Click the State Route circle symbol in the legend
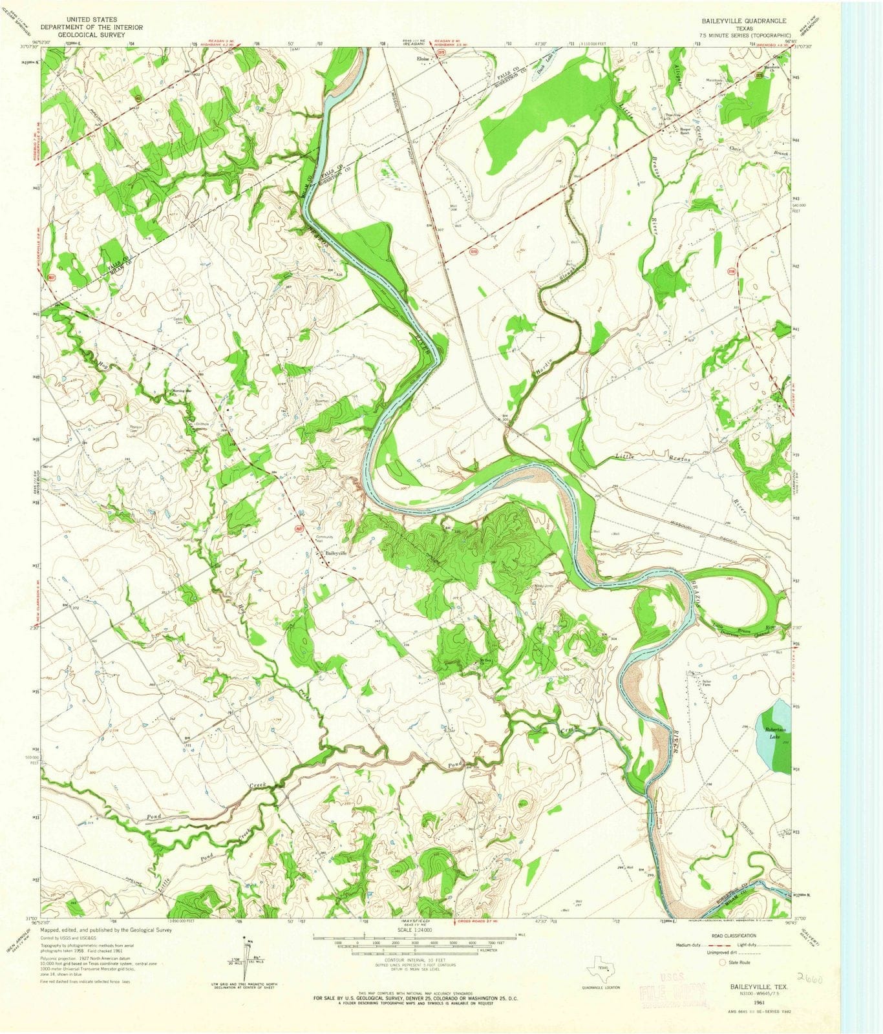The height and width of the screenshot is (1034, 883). click(723, 962)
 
